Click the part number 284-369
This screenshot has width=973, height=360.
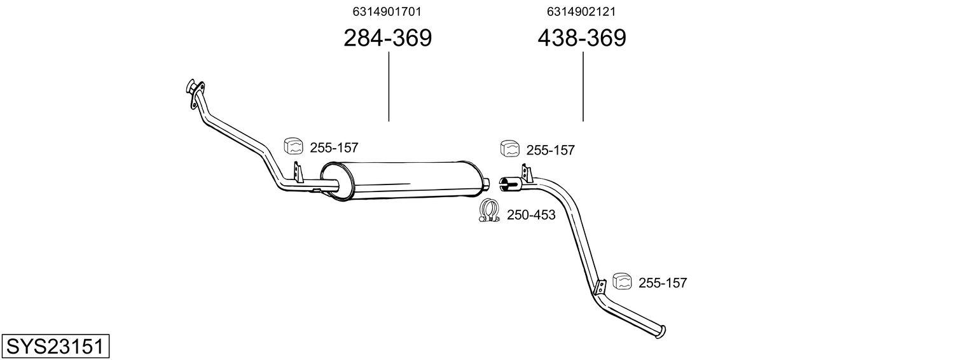coord(387,38)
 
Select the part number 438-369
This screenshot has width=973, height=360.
coord(581,38)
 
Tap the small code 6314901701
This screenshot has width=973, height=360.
coord(387,11)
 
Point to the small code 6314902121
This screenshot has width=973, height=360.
coord(581,11)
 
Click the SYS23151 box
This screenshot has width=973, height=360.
coord(56,347)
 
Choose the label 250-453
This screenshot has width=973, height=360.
coord(531,215)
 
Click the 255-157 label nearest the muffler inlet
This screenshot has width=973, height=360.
coord(334,148)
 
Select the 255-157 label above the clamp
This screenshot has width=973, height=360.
coord(550,151)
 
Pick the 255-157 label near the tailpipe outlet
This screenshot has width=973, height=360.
coord(662,283)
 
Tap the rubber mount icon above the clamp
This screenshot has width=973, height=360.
coord(510,148)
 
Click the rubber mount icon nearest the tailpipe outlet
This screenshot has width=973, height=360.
coord(622,280)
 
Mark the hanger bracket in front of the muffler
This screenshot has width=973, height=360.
coord(298,172)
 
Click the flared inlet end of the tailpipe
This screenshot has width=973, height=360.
coord(507,184)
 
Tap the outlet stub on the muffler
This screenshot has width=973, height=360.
coord(486,184)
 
